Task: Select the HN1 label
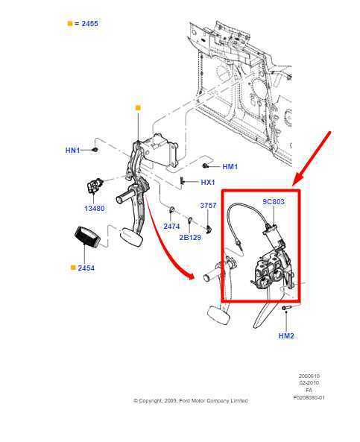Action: [72, 151]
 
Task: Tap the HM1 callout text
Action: [230, 167]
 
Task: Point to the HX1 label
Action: [207, 183]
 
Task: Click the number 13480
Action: [95, 209]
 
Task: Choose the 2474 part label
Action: [171, 226]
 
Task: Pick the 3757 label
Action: [208, 206]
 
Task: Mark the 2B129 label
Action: [190, 237]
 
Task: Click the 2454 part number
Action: [86, 268]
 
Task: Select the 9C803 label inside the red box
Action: [273, 202]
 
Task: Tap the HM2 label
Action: [286, 335]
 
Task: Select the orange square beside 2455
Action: [70, 24]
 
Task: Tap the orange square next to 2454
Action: [72, 268]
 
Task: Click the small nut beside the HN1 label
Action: [95, 150]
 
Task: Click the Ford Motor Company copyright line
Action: [190, 400]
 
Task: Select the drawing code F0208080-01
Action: [309, 397]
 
